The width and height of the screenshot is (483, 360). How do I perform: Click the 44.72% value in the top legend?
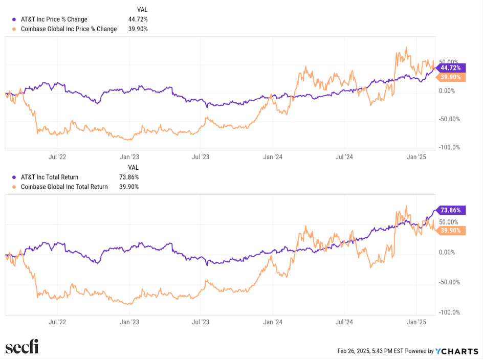point(138,19)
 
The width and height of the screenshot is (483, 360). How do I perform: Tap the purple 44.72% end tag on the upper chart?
point(450,67)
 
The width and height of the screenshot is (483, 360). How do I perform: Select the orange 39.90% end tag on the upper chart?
point(450,77)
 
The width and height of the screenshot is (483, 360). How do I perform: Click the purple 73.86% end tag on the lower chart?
point(450,210)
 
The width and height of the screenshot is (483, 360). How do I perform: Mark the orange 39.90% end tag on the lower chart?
point(450,231)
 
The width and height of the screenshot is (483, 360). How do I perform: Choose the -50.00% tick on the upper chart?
point(449,119)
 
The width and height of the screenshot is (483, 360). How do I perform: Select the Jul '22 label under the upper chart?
point(57,157)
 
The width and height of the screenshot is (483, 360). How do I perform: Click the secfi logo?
point(22,348)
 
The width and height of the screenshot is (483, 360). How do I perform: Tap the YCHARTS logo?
point(456,351)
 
